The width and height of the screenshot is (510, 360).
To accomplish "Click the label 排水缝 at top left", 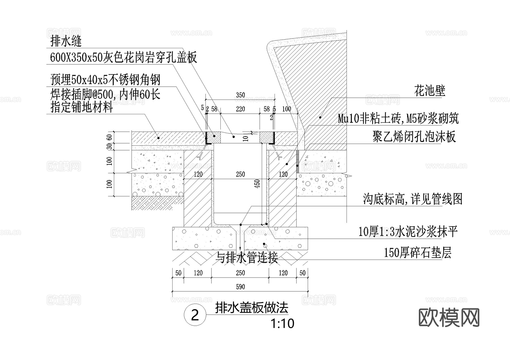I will (66, 41).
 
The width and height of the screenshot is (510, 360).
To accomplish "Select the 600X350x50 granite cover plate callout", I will (123, 58).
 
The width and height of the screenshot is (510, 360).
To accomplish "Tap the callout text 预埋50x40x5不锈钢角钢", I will (105, 80).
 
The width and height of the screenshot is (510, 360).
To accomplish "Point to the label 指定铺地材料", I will (82, 107).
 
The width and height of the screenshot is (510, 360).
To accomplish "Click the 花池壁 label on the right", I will (430, 91).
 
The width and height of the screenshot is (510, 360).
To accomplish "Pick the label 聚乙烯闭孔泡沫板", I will (414, 137).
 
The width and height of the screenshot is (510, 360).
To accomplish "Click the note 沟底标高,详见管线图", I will (413, 199).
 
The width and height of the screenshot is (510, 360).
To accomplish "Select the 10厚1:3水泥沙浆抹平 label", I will (408, 232).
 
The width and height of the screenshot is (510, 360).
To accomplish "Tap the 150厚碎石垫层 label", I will (417, 253).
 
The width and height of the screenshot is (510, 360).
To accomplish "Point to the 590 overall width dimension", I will (240, 287).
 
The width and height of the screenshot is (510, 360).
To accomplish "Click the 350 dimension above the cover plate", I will (240, 95).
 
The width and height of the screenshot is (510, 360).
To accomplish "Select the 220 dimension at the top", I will (240, 109).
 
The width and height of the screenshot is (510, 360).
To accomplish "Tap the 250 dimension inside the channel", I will (240, 174).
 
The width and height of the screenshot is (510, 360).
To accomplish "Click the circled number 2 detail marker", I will (195, 315).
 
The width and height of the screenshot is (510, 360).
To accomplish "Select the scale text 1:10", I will (282, 323).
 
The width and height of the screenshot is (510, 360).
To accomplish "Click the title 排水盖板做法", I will (252, 308).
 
